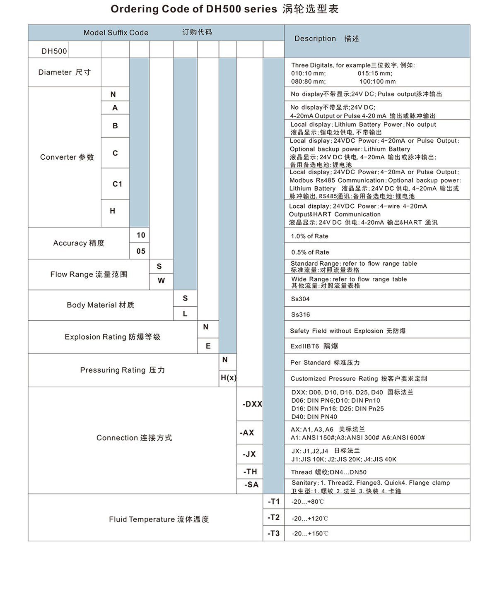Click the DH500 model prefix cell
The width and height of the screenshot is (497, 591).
54,51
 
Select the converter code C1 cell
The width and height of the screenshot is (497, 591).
117,184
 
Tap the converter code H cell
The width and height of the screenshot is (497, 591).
113,211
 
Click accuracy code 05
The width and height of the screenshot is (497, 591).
141,251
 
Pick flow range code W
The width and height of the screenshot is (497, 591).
161,281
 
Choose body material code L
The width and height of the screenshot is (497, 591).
185,314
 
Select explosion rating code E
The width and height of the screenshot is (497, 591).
208,346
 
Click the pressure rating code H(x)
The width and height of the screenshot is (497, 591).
228,378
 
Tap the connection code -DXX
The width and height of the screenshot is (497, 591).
252,404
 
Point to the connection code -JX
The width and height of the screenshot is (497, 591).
249,454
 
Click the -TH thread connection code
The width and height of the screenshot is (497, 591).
250,472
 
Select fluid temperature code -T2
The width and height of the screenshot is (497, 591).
273,517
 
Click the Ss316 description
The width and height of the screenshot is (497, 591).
300,315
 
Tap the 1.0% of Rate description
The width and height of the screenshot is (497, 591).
309,236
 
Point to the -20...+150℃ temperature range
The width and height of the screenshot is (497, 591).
310,533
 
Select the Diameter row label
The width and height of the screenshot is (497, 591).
64,72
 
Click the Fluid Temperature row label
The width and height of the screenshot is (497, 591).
159,519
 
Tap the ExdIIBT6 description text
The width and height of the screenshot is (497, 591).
314,346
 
